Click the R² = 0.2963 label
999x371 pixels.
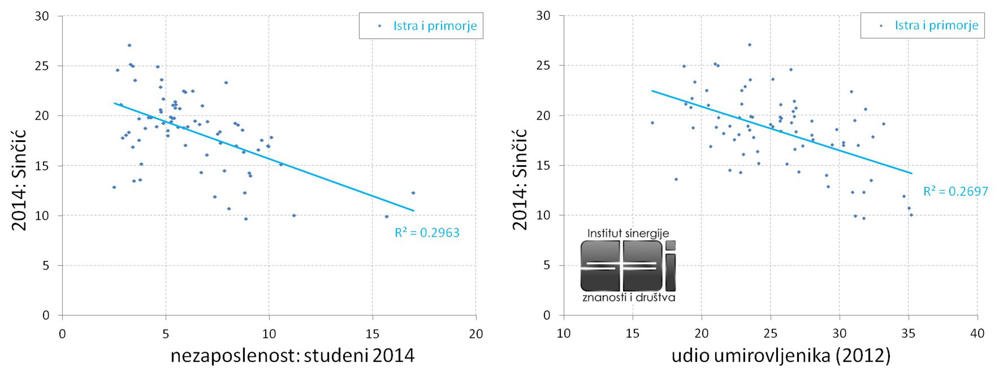tap(427, 233)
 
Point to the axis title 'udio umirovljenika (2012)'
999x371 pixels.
tap(781, 356)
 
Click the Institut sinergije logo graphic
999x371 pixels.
tap(628, 266)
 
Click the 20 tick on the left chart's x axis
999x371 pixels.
tap(476, 334)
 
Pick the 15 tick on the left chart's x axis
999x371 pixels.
tap(373, 334)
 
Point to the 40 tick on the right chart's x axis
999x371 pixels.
tap(977, 333)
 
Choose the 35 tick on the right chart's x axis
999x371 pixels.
tap(908, 333)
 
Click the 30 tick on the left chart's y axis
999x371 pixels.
tap(42, 16)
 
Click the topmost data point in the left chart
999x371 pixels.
tap(129, 45)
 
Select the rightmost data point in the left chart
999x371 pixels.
tap(413, 193)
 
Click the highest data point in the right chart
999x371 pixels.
tap(749, 45)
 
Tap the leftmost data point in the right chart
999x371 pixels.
tap(652, 123)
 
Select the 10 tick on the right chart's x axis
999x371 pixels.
tap(564, 333)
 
